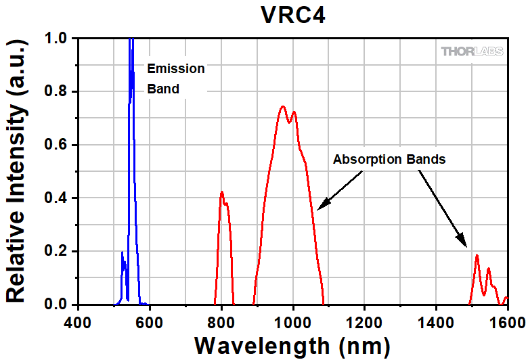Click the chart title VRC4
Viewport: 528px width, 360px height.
tap(293, 15)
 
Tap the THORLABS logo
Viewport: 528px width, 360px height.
tap(471, 51)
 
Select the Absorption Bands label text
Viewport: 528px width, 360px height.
tap(389, 160)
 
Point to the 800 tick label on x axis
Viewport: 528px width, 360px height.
tap(221, 320)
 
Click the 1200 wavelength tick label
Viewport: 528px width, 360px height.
tap(364, 320)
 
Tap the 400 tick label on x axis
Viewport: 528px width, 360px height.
tap(79, 320)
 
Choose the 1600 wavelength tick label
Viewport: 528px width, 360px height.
tap(506, 320)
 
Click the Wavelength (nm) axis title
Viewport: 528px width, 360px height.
tap(292, 344)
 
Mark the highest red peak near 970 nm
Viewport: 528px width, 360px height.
tap(282, 106)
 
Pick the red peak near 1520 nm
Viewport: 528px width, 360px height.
tap(477, 255)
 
